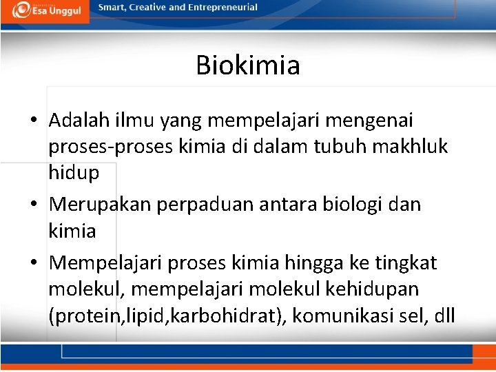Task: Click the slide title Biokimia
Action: click(x=248, y=65)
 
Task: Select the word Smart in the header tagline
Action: click(x=112, y=8)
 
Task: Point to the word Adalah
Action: click(x=78, y=121)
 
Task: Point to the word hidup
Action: click(x=74, y=173)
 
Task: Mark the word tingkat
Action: click(x=406, y=263)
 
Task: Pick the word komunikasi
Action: click(x=352, y=316)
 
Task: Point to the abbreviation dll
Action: click(x=444, y=316)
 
